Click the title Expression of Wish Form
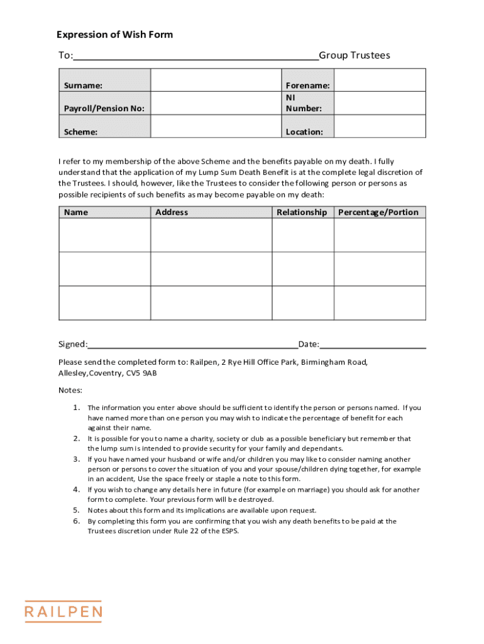[114, 35]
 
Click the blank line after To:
[195, 56]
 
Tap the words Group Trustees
[355, 55]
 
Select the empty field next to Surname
[216, 80]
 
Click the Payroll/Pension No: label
[104, 108]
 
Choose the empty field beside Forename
[380, 80]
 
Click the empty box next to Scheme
[216, 126]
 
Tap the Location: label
[304, 132]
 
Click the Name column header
[76, 213]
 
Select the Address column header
[172, 213]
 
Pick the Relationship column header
[302, 213]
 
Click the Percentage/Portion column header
[378, 213]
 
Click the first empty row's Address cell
[211, 235]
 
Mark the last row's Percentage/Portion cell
[380, 303]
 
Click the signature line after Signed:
[193, 345]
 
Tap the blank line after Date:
[373, 345]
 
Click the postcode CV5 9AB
[141, 374]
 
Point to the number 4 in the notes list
[76, 489]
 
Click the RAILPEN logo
[63, 611]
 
